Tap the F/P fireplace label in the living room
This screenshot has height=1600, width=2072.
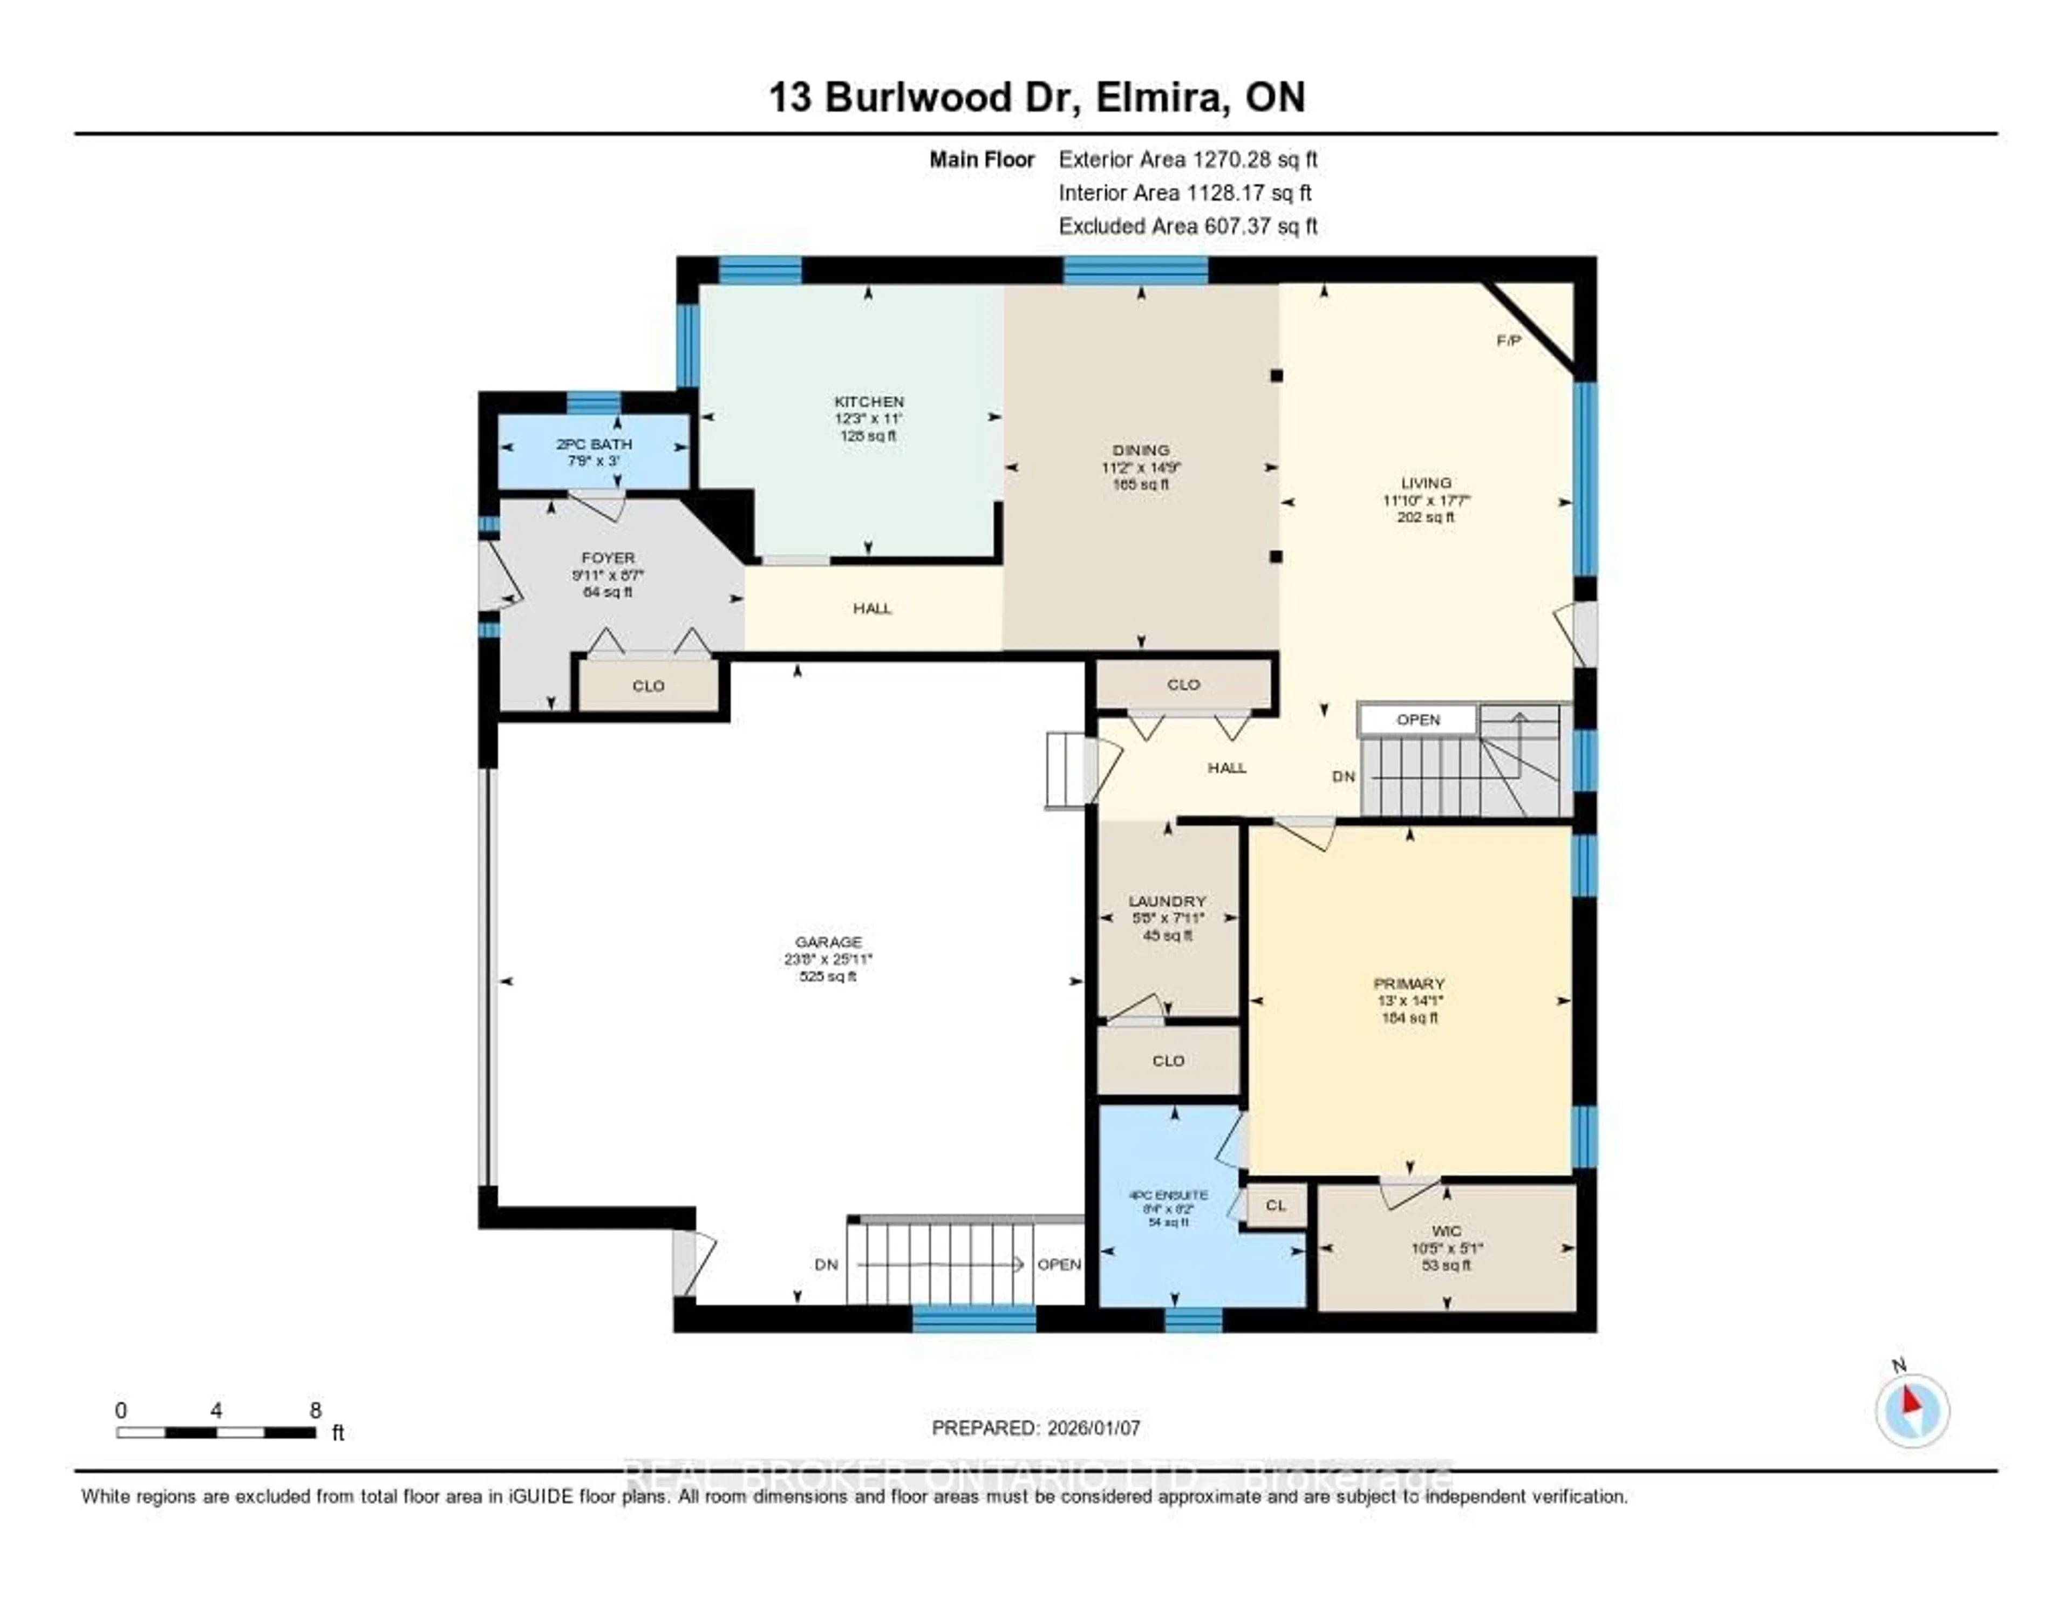click(1509, 340)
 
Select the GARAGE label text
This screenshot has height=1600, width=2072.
click(828, 942)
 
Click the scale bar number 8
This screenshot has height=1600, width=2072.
click(315, 1410)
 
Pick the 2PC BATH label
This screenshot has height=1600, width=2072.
click(594, 444)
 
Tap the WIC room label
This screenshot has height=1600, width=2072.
click(1447, 1231)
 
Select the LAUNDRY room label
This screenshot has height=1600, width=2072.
click(1167, 901)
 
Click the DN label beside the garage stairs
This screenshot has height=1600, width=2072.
click(826, 1264)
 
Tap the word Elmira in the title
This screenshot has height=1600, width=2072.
click(1160, 98)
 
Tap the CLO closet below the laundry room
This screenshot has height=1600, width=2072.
click(1168, 1061)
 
